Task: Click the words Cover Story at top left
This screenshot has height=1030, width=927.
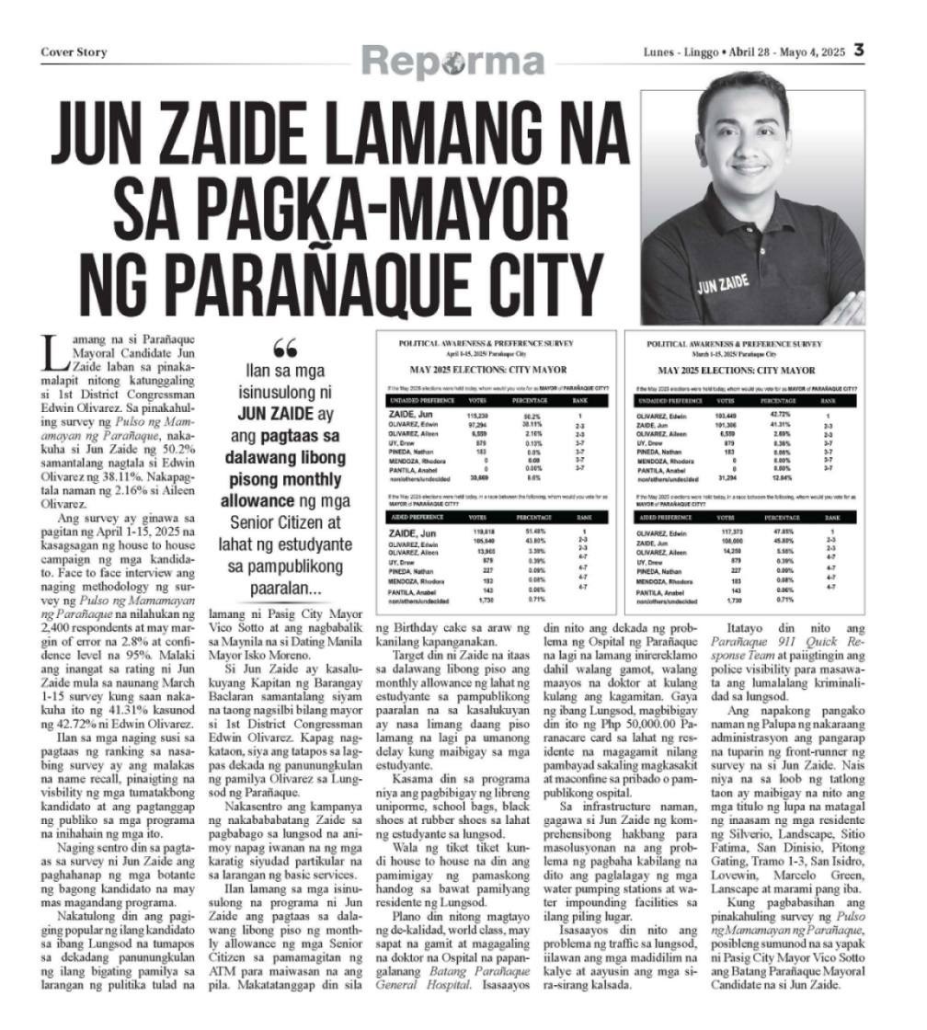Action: click(x=74, y=52)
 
